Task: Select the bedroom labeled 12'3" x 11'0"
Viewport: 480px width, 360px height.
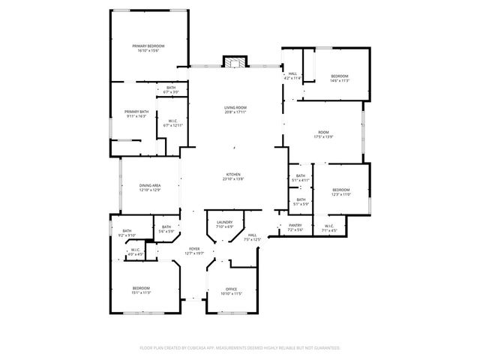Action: (x=341, y=192)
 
